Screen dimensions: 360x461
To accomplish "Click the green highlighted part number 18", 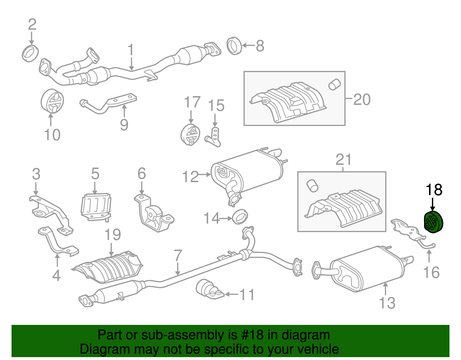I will click(433, 222).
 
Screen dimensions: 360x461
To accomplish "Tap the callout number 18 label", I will click(434, 190).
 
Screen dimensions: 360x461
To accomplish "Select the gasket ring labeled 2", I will click(30, 53).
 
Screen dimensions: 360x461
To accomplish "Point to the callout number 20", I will click(362, 100).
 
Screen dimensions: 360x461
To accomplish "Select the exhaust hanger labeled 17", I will click(190, 135).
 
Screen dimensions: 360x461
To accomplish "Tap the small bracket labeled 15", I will click(214, 137).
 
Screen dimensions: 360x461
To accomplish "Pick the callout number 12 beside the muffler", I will click(190, 177).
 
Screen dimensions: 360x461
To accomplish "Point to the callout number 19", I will click(113, 235).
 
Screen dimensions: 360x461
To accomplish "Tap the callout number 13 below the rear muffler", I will click(387, 303).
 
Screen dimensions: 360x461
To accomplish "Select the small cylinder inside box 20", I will click(334, 84).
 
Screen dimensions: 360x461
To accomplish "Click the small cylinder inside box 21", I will click(312, 186).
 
